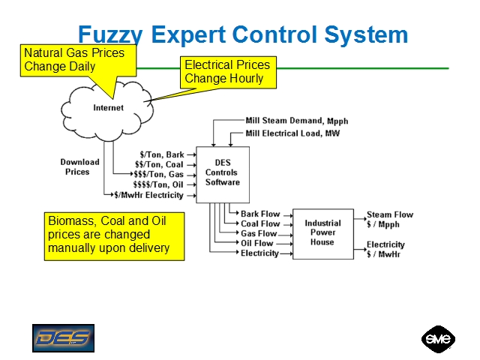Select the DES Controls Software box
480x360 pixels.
pos(222,173)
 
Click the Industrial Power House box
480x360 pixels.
pos(322,233)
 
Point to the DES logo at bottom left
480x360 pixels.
pos(63,337)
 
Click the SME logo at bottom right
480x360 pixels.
pos(438,338)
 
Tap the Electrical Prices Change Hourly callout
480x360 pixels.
pos(227,72)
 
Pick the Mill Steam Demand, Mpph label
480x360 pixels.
pos(297,121)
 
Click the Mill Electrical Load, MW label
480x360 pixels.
pos(292,133)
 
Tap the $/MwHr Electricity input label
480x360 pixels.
pos(148,195)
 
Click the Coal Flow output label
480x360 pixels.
pos(260,223)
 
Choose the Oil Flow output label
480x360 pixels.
pos(257,243)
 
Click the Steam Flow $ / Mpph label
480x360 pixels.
pos(389,219)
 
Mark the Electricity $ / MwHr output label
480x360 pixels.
pos(385,249)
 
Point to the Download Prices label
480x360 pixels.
pos(79,166)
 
